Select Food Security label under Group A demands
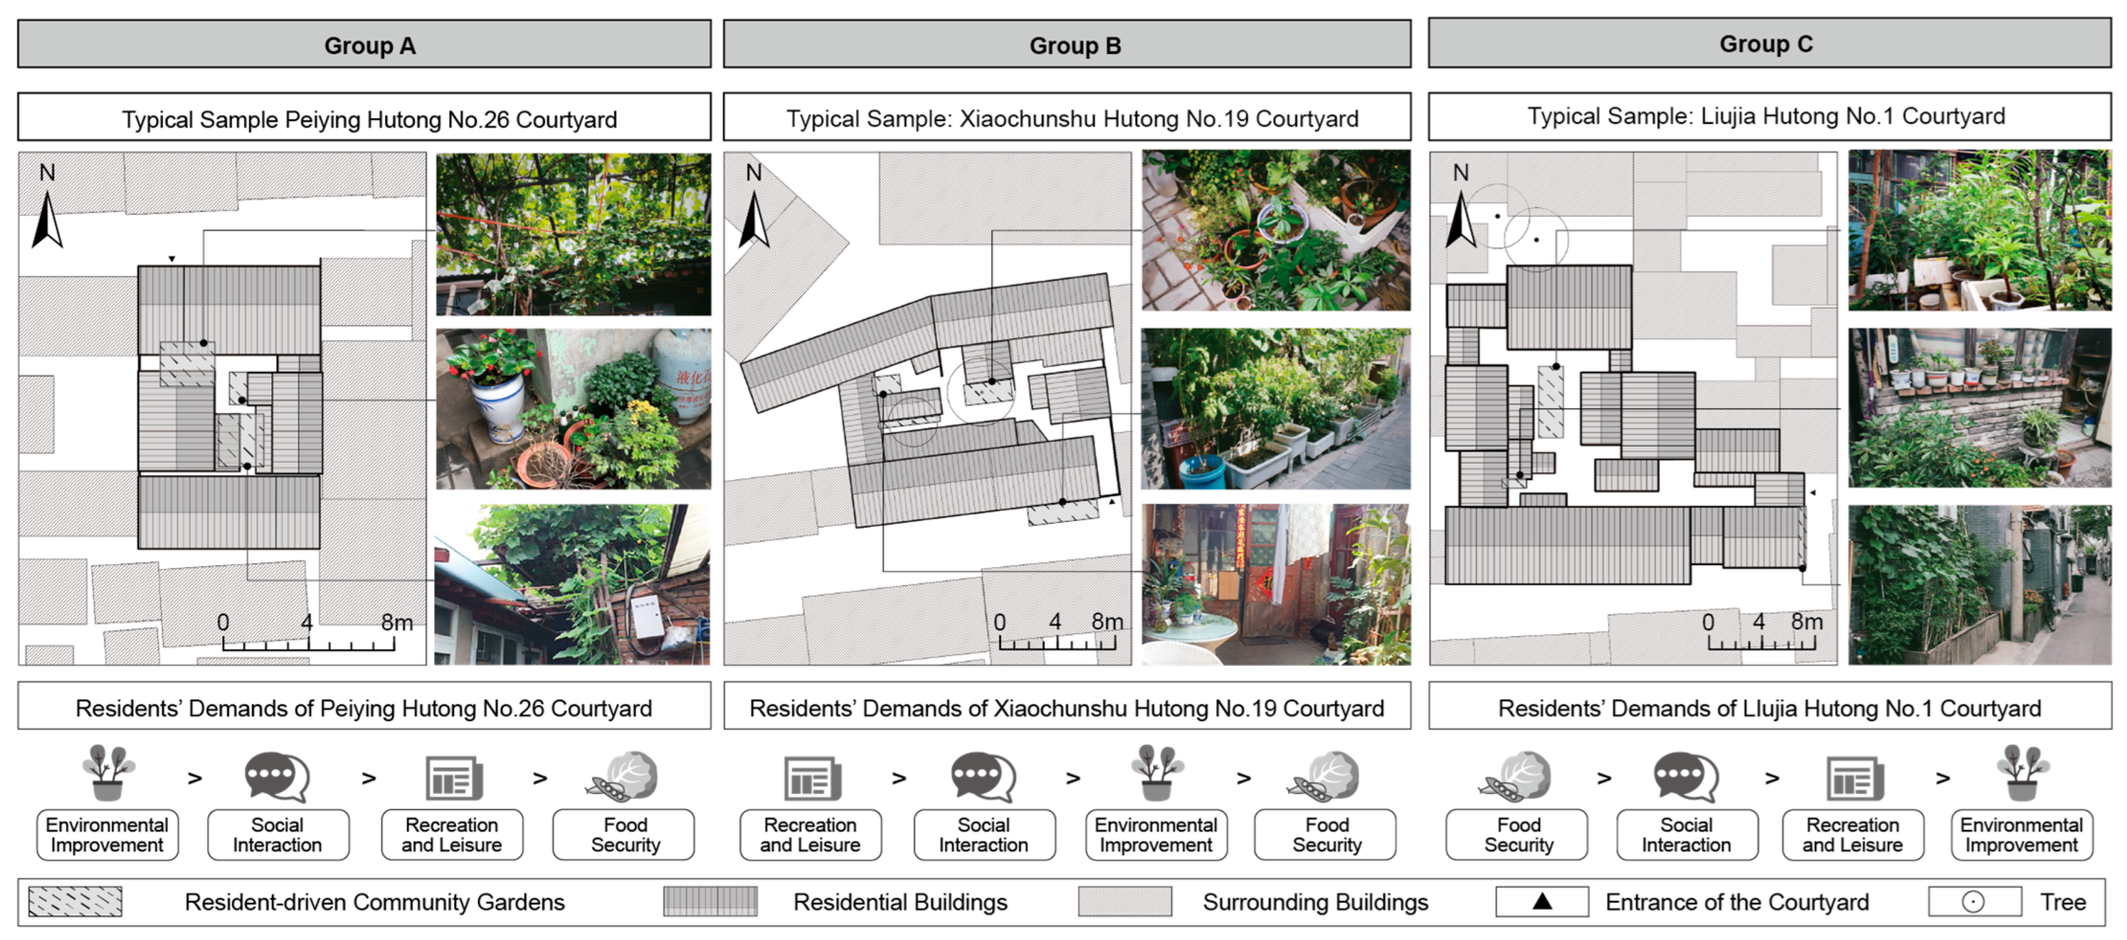tap(624, 835)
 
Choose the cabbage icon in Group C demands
tap(1516, 777)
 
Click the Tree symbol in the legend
tap(1973, 902)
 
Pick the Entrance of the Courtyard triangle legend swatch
tap(1542, 902)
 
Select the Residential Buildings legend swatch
tap(710, 902)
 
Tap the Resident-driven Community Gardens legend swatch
tap(75, 902)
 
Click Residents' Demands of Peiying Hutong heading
tap(364, 708)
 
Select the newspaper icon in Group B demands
tap(811, 779)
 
